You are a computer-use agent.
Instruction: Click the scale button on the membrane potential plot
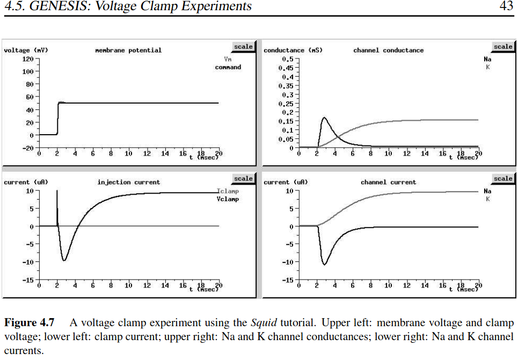[243, 47]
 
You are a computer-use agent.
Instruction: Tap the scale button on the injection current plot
[243, 179]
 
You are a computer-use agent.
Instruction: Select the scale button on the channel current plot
[503, 179]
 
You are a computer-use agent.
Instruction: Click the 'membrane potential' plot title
[128, 50]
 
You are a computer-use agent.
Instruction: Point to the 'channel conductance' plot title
[388, 50]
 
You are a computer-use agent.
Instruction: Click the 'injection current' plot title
[128, 182]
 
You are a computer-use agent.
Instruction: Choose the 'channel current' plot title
[388, 182]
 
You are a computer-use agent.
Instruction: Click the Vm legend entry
[228, 60]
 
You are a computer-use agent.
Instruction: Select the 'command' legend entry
[228, 68]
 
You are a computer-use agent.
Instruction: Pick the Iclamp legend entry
[228, 191]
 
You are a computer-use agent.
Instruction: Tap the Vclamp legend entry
[228, 199]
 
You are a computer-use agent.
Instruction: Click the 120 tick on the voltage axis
[27, 58]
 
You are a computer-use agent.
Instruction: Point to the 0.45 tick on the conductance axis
[286, 68]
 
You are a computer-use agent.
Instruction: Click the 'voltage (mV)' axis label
[26, 50]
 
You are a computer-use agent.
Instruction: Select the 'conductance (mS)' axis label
[293, 50]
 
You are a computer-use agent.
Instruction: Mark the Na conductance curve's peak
[324, 117]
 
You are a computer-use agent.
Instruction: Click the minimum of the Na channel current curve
[325, 265]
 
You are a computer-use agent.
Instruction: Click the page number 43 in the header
[506, 6]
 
